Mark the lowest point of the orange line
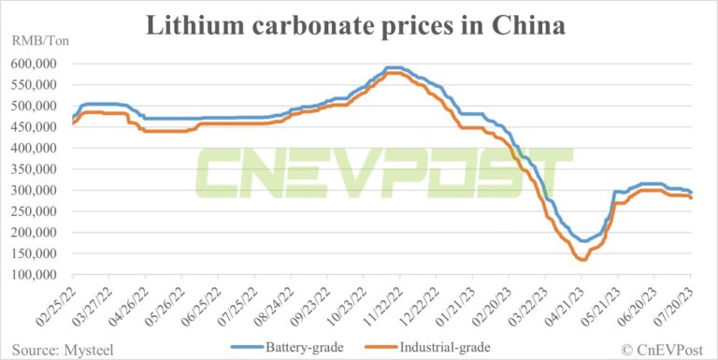[582, 260]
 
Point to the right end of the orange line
[691, 198]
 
